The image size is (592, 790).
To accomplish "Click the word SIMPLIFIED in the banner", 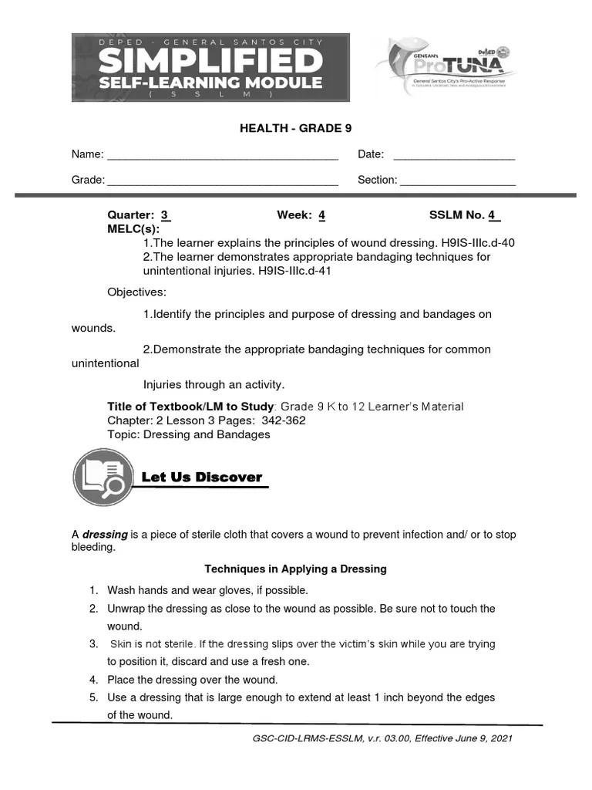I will (210, 60).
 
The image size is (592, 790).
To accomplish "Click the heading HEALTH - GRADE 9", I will (295, 129).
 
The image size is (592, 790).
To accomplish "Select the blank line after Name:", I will (223, 157).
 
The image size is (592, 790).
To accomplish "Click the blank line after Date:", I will (454, 157).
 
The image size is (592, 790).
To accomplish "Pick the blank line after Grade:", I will (223, 182).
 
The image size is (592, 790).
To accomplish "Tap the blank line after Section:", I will (458, 182).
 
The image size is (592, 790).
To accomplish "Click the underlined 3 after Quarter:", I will (165, 216).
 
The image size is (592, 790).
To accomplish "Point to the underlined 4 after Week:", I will (321, 216).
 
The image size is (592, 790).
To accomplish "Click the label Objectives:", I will (136, 292).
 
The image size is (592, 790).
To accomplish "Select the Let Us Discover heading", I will (202, 478).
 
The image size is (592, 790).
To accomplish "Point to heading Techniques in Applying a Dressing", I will (295, 569).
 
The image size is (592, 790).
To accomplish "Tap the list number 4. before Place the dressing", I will (93, 680).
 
